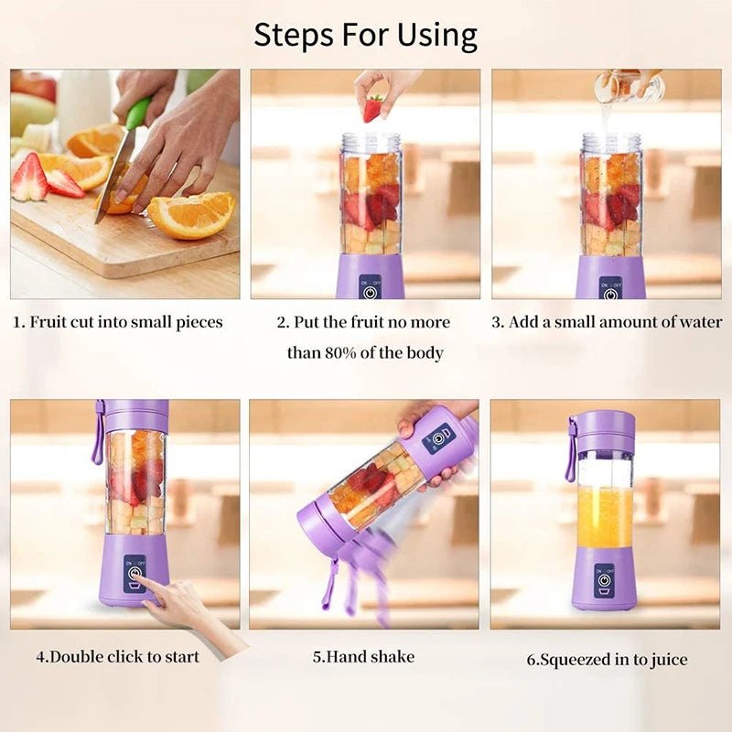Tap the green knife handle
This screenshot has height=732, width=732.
coord(138,113)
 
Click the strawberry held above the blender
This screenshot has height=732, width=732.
coord(372,109)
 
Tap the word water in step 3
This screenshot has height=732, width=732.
coord(699,322)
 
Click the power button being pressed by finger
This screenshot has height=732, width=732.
coord(135,576)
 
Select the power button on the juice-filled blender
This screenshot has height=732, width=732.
coord(604,579)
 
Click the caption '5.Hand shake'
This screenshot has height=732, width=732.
coord(363,656)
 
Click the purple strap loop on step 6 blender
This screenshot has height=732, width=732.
coord(571,450)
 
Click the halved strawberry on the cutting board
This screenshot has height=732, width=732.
coord(29,178)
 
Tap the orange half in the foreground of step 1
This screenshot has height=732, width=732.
coord(191,215)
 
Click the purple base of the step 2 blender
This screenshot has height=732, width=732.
coord(370,276)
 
